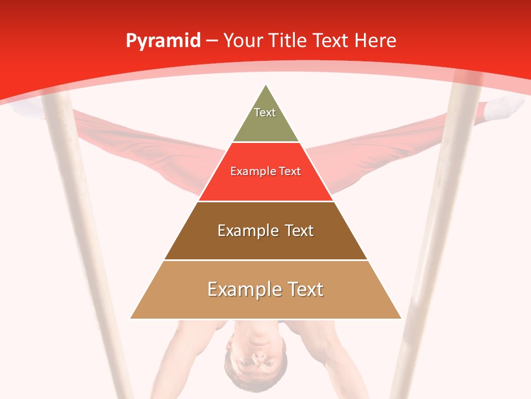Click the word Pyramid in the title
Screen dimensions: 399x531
[163, 41]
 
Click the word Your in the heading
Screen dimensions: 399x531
[243, 40]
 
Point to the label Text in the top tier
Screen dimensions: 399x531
[265, 112]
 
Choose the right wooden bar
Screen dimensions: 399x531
[437, 233]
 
